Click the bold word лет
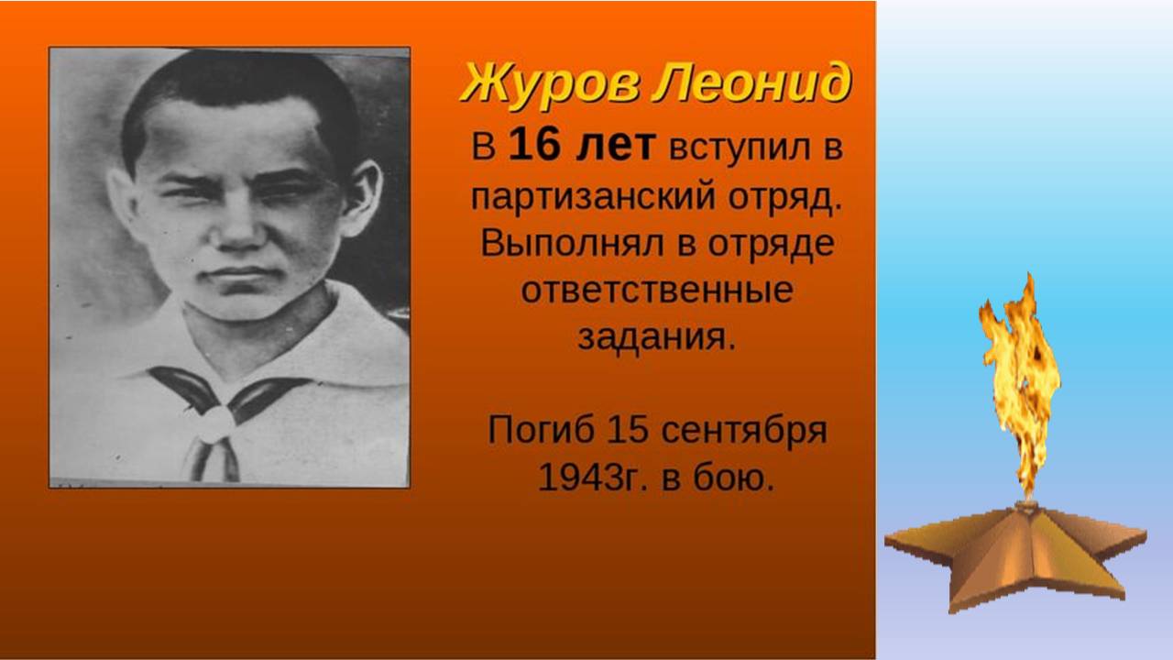tap(616, 146)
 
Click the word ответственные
tap(657, 291)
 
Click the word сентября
tap(744, 432)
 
